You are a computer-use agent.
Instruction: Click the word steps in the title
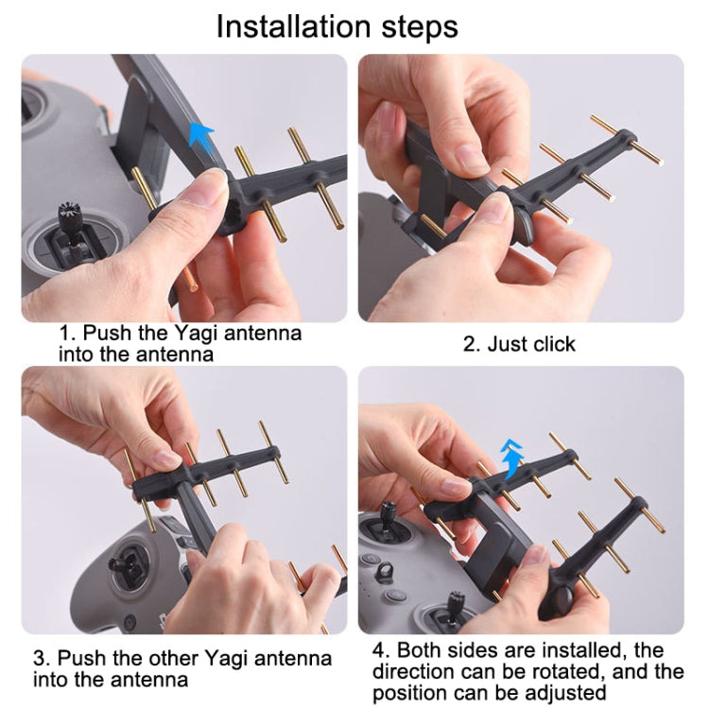coord(420,28)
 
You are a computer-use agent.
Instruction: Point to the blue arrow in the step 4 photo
coord(512,458)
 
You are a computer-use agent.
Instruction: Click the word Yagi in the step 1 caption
coord(196,334)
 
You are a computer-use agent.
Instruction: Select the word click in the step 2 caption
coord(554,344)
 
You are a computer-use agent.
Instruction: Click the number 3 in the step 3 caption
coord(39,658)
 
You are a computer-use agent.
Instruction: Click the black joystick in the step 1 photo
coord(69,217)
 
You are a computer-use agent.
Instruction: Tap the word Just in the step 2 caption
coord(508,344)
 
